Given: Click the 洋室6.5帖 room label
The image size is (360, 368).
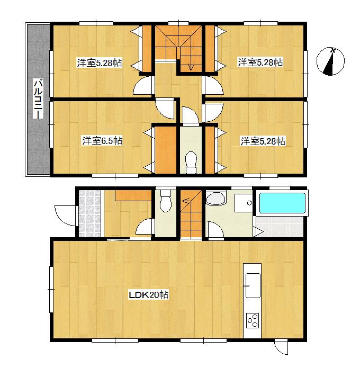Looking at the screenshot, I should coord(102,141).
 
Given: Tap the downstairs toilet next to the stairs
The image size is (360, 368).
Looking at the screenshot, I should coord(165,203).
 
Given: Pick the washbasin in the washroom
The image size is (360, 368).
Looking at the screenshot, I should coord(215,199).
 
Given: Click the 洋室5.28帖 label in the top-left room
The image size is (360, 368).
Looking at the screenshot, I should coord(100,63).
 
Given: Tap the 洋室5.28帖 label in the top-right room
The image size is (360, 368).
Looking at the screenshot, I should coord(260,62).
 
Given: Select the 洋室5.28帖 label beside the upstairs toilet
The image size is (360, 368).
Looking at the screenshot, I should coord(263,141).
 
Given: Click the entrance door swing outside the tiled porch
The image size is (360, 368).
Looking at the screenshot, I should coord(62,214).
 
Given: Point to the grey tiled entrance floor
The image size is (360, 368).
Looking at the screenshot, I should coord(89,213).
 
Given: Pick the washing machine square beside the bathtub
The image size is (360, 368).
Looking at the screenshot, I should coord(244,203).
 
